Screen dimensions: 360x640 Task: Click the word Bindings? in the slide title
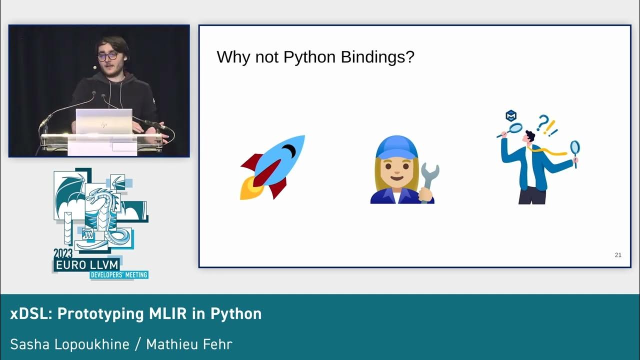pos(377,57)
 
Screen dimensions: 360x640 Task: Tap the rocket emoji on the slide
pos(273,167)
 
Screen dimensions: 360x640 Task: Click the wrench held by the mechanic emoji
pos(429,180)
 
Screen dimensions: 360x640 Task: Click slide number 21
pos(618,255)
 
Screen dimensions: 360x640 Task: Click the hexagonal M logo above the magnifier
pos(511,116)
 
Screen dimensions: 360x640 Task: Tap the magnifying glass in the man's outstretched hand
pos(575,148)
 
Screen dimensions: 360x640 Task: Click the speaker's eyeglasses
pos(107,56)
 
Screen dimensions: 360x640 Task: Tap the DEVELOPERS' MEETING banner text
pos(119,275)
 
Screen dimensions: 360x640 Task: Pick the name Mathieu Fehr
pos(190,344)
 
